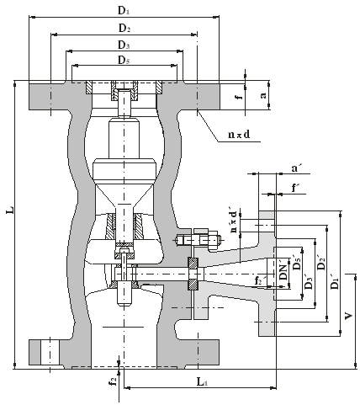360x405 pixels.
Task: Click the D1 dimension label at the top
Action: coord(124,11)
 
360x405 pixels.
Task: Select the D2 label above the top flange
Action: coord(124,28)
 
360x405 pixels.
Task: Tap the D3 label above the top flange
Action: coord(124,45)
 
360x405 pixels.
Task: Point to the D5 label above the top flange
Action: coord(124,60)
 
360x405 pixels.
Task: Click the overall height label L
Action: coord(10,210)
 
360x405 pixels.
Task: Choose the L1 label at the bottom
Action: coord(202,381)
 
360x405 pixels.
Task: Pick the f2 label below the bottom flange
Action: coord(113,381)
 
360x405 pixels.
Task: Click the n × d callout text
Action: coord(239,135)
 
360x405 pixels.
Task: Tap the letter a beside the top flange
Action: coord(263,95)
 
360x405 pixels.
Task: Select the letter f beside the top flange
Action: coord(239,97)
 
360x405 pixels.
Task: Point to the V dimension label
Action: coord(348,316)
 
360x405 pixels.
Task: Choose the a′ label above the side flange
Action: coord(294,168)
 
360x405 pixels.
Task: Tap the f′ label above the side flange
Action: coord(294,188)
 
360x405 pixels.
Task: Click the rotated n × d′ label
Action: coord(234,221)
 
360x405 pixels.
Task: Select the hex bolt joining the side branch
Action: coord(199,241)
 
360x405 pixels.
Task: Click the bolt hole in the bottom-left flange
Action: coord(50,352)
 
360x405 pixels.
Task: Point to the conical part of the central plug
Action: coord(124,196)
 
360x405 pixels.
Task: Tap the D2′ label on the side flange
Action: coord(321,262)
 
